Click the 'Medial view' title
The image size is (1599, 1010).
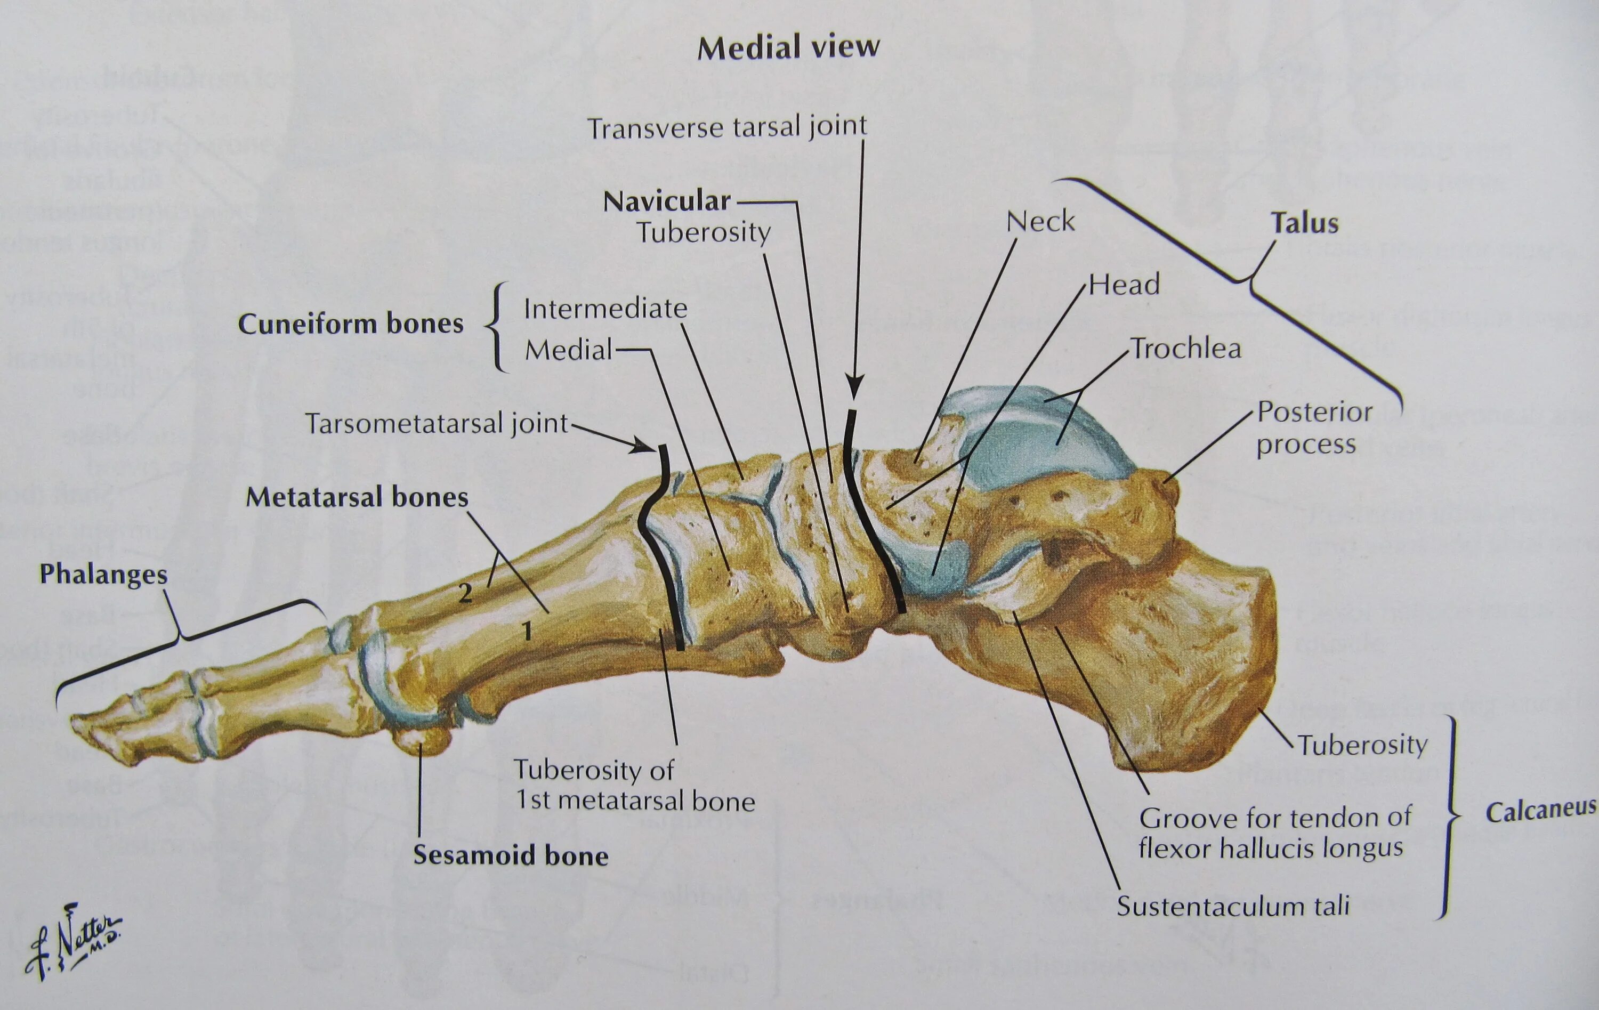788,47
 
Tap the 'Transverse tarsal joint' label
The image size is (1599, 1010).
727,127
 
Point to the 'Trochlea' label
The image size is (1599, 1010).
1186,348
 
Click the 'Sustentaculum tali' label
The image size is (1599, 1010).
1233,906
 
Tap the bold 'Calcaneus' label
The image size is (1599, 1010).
1540,811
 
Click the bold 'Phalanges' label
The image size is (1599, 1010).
103,573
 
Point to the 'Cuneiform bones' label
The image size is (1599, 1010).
351,324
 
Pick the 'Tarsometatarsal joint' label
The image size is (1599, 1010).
437,423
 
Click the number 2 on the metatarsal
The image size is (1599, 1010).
465,592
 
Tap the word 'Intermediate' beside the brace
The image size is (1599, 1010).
605,308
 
